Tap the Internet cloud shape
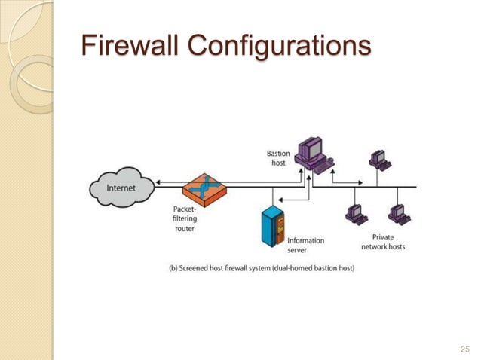[121, 188]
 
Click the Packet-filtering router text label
[185, 218]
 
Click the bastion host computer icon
[311, 153]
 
